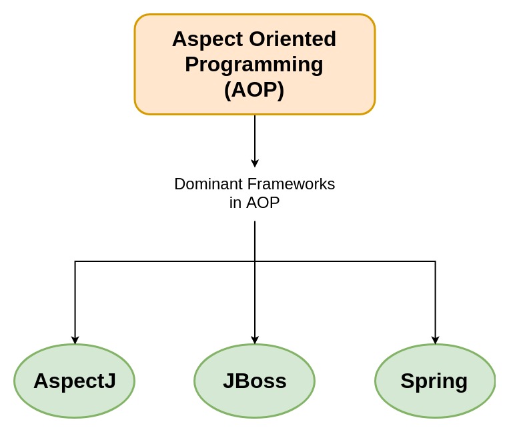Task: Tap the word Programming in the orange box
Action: click(x=254, y=64)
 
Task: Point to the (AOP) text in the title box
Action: click(x=254, y=89)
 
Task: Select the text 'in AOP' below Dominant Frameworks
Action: click(x=254, y=203)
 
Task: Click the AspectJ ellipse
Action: click(x=74, y=381)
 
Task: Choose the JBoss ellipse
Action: click(x=254, y=381)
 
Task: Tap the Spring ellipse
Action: click(x=435, y=381)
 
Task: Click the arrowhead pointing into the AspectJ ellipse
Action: click(x=75, y=340)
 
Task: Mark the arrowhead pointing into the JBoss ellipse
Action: click(x=255, y=340)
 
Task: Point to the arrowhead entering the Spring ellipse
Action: click(x=435, y=340)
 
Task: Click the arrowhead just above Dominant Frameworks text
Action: click(x=255, y=163)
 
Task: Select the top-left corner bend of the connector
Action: click(x=75, y=261)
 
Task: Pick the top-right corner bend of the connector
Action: click(x=435, y=261)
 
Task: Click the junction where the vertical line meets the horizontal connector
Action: click(x=255, y=261)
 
